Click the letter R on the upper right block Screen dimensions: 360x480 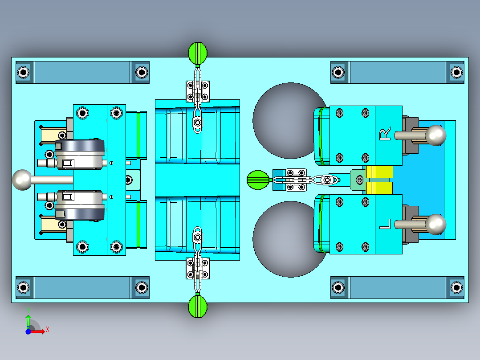pos(385,134)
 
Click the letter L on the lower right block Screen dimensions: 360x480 pos(385,224)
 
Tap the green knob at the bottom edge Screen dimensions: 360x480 pos(198,307)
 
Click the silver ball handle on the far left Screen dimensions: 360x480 pos(22,180)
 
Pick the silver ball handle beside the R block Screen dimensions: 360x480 pos(436,135)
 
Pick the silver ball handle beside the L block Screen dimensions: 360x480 pos(436,224)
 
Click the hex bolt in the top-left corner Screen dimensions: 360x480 pos(24,72)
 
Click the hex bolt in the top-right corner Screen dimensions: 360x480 pos(456,72)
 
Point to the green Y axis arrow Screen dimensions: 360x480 pos(28,320)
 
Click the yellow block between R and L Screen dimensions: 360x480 pos(379,180)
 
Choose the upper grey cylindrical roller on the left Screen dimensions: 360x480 pos(80,154)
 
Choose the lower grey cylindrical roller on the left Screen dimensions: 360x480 pos(80,205)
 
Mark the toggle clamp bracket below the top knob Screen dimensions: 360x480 pos(197,91)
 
